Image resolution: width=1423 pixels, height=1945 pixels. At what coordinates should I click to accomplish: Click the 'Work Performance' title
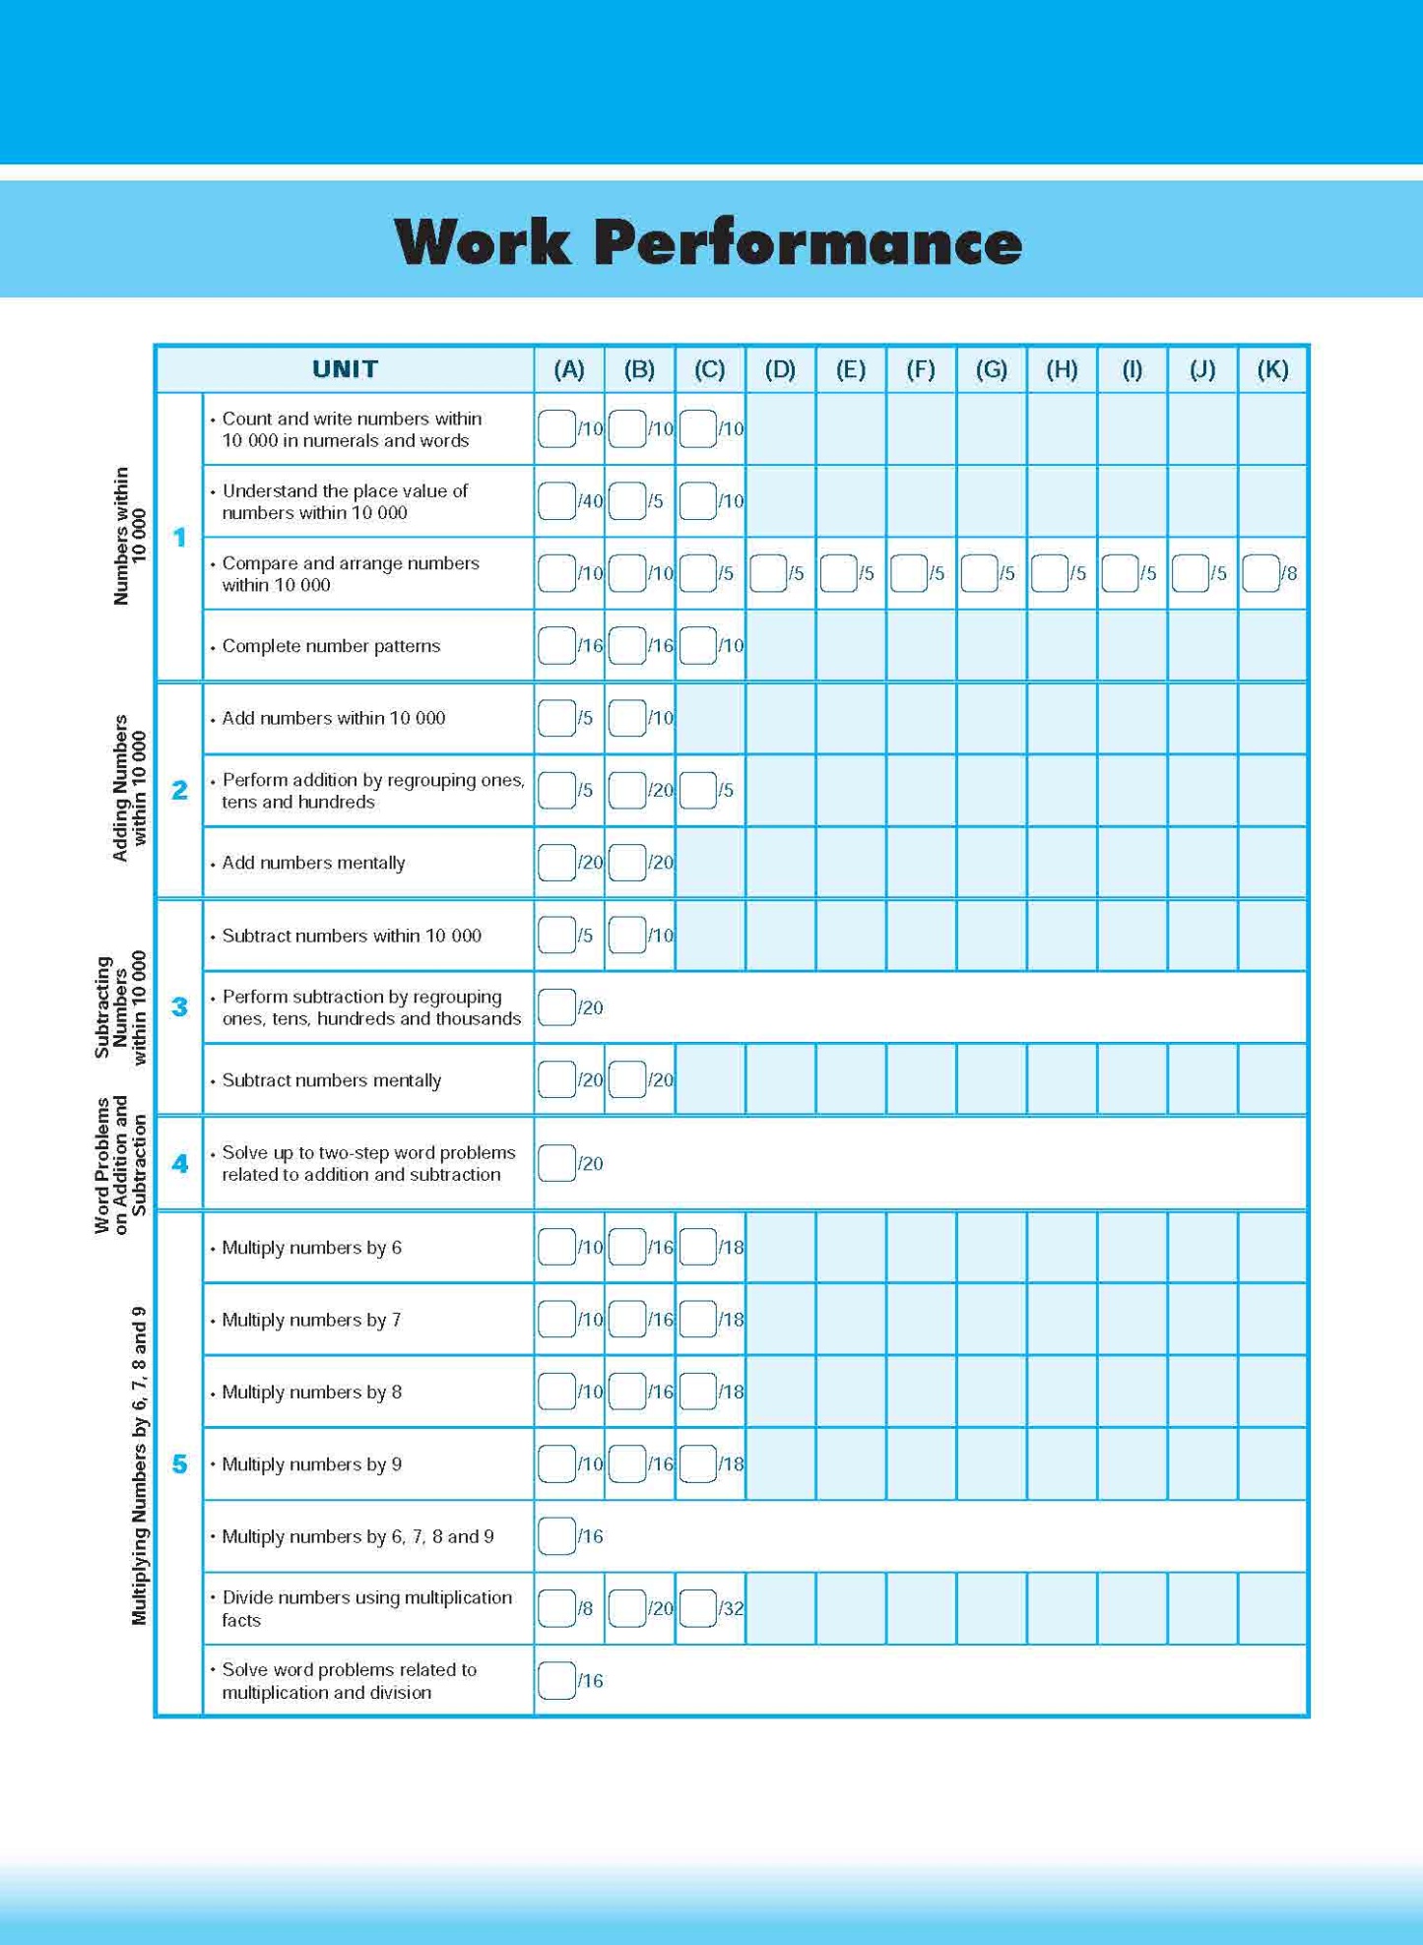click(x=708, y=242)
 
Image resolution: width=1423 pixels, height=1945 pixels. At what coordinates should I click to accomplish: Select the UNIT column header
click(x=345, y=369)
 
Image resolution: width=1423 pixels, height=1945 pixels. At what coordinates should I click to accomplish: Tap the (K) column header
click(x=1272, y=369)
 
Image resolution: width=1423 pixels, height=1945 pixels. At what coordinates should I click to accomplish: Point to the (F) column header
click(x=921, y=369)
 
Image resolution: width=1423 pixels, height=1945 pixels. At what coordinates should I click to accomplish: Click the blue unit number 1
click(x=179, y=538)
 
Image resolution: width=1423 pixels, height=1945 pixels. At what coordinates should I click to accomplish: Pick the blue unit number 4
click(x=179, y=1164)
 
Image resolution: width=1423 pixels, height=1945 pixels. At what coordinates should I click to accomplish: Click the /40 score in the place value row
click(x=590, y=501)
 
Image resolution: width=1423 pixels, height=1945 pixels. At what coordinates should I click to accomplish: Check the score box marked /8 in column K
click(x=1261, y=573)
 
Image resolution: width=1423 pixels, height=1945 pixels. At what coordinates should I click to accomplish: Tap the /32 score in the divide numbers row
click(x=731, y=1609)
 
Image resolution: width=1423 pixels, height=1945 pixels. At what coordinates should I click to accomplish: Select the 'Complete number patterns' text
click(x=331, y=646)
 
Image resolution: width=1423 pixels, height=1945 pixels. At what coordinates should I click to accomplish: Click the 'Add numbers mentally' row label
click(x=313, y=863)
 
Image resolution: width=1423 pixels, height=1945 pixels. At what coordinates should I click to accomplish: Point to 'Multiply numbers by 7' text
click(x=311, y=1320)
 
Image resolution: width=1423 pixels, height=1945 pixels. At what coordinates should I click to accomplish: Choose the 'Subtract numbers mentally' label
click(x=331, y=1080)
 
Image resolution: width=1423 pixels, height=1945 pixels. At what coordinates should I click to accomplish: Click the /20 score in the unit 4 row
click(x=590, y=1164)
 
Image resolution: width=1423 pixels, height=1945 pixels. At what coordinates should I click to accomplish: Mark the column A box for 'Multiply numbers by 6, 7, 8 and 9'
click(x=557, y=1536)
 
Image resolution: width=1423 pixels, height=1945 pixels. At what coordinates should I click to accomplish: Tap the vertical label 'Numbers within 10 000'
click(x=129, y=537)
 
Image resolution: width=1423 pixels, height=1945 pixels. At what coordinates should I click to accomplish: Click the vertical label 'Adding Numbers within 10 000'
click(x=129, y=789)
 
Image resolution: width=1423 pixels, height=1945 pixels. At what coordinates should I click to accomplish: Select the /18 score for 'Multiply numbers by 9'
click(x=731, y=1464)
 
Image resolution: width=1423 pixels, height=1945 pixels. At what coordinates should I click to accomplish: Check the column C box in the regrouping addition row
click(x=698, y=791)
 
